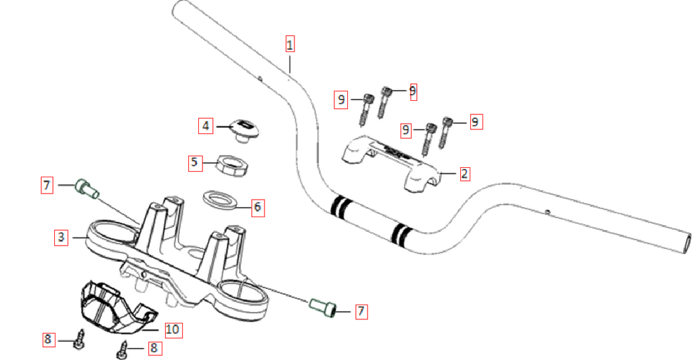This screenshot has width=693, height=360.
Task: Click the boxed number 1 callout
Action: click(290, 45)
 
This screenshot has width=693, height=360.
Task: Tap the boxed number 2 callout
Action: click(464, 173)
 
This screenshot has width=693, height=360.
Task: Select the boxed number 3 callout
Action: click(61, 237)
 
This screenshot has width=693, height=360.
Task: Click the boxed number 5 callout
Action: click(194, 162)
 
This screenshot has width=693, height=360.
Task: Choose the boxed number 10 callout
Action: click(172, 330)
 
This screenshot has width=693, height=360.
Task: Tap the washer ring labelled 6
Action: click(220, 200)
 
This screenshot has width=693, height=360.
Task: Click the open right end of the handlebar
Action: click(685, 242)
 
